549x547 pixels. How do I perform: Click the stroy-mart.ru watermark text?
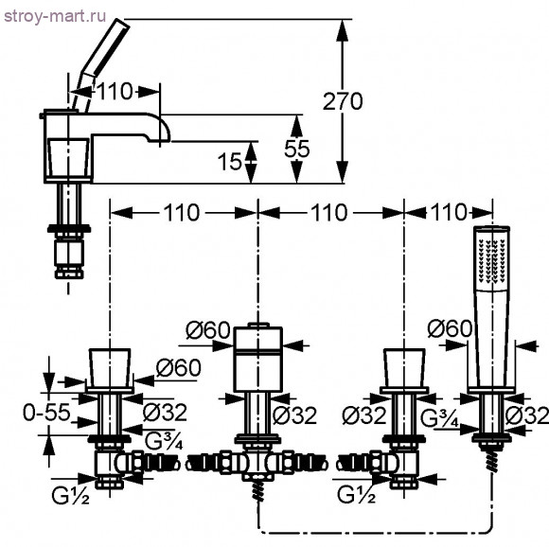click(x=55, y=16)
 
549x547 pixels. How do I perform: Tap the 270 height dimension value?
click(x=343, y=101)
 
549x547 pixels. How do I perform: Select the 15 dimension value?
click(x=229, y=162)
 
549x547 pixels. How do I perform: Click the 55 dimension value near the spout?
click(x=297, y=149)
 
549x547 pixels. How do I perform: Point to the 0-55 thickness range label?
click(x=46, y=413)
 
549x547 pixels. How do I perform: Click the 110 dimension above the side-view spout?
click(x=115, y=92)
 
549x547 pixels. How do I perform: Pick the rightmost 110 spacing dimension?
click(x=449, y=212)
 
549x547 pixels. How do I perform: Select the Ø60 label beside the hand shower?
click(x=450, y=328)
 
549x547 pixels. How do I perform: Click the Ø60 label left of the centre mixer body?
click(x=208, y=329)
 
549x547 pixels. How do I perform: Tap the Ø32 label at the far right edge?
click(x=527, y=415)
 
